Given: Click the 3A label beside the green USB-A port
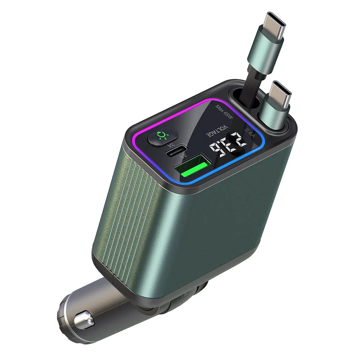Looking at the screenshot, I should click(x=184, y=156).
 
